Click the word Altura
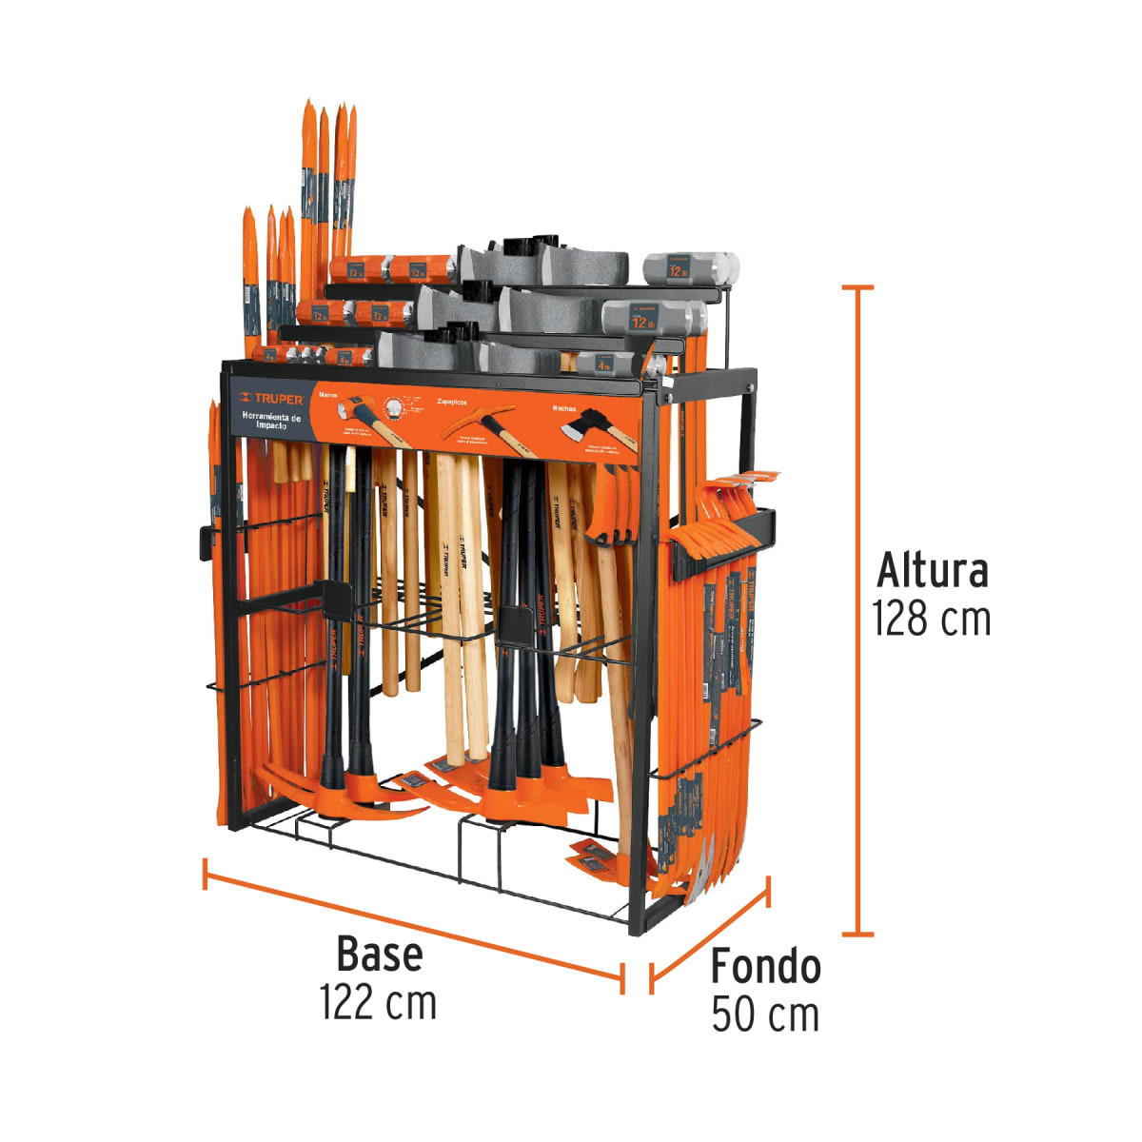click(932, 570)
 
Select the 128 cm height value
click(932, 620)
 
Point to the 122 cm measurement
click(379, 1002)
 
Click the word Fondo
click(765, 966)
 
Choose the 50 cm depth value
click(765, 1014)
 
